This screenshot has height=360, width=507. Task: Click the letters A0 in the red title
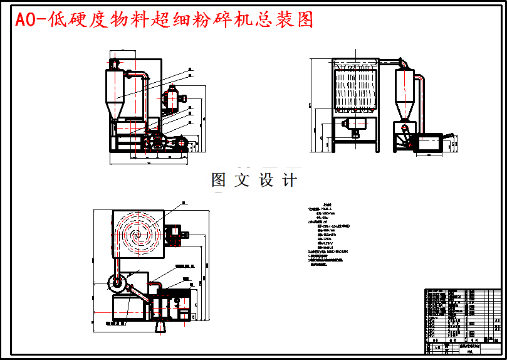coord(24,20)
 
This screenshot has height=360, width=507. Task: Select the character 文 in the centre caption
coord(241,181)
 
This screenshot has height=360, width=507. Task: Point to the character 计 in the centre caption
coord(289,181)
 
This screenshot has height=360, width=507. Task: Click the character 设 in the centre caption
coord(266,181)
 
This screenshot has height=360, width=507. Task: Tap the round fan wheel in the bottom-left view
coord(117,284)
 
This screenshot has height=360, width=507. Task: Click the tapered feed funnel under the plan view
coord(161,325)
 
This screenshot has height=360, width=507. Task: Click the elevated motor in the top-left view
coord(170,99)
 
